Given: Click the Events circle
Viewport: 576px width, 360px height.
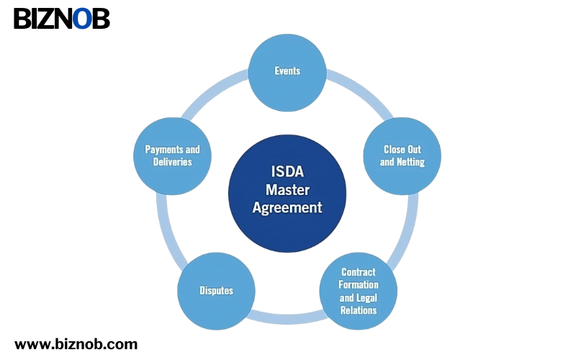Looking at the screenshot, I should tap(287, 72).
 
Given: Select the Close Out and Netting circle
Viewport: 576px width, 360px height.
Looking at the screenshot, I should tap(402, 156).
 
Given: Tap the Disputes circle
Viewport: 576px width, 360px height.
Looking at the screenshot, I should tap(216, 291).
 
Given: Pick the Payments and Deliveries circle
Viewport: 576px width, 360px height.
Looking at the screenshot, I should tap(173, 156).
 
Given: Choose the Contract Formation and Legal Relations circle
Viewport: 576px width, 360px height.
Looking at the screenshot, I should tap(359, 291).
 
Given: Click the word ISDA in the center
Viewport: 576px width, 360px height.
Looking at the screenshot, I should tap(287, 173).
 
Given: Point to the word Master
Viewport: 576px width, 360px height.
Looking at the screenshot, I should tap(287, 190).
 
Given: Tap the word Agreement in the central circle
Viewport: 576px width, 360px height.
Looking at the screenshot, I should tap(287, 207).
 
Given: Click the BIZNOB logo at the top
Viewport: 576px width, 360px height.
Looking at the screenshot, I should tap(62, 19).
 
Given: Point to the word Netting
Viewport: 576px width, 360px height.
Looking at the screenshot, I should tap(411, 162).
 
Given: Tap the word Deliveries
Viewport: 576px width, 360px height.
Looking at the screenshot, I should tap(173, 162).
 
